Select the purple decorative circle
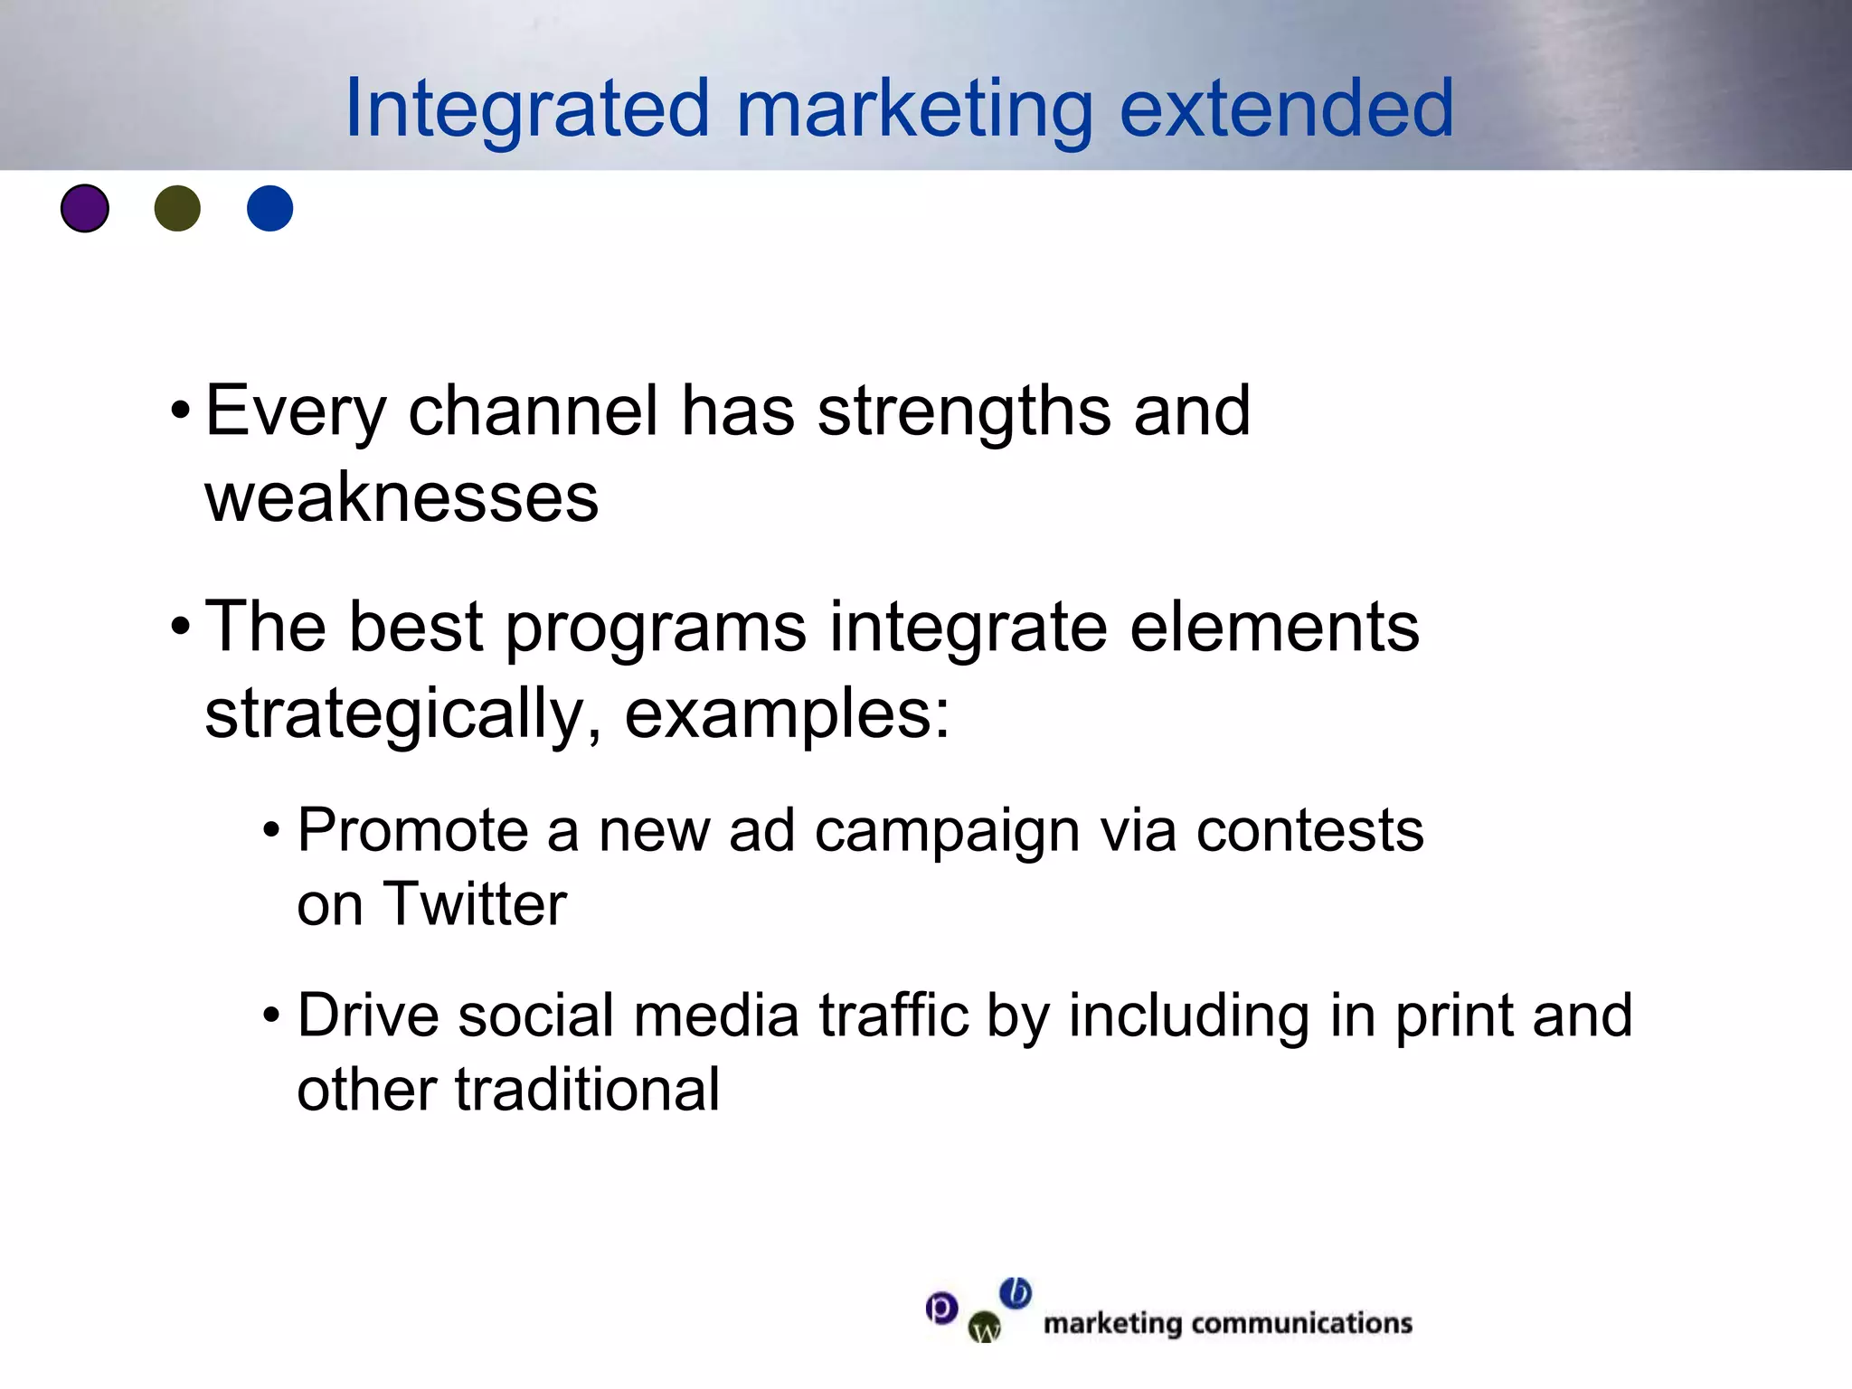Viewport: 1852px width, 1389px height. pos(85,208)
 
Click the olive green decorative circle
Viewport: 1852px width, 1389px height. pos(177,208)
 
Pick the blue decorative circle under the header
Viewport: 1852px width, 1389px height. pos(269,208)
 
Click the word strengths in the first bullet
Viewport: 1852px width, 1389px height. pos(964,411)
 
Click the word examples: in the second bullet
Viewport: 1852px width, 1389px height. pos(787,714)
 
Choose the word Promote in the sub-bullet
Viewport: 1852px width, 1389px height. pos(412,830)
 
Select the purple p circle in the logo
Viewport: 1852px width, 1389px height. pos(941,1308)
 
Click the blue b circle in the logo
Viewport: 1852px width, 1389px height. pos(1016,1293)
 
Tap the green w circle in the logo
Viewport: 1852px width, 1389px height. pos(985,1328)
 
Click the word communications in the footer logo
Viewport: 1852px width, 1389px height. pos(1301,1324)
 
